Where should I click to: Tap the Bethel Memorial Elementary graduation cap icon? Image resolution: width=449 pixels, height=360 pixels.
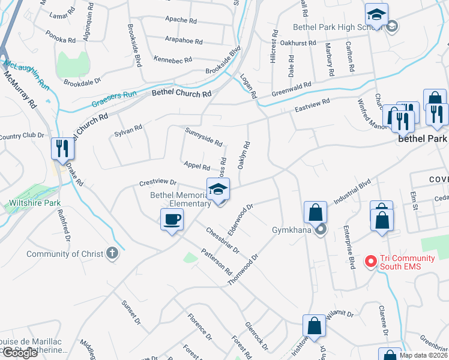tap(218, 190)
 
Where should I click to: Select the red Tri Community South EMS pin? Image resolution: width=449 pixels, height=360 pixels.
tap(370, 262)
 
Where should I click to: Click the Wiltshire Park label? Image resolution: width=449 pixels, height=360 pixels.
tap(35, 203)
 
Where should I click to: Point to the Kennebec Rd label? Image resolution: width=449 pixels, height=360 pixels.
tap(172, 59)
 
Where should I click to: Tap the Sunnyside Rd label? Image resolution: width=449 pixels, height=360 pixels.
tap(204, 137)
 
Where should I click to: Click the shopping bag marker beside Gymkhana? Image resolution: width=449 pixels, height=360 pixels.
tap(315, 212)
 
